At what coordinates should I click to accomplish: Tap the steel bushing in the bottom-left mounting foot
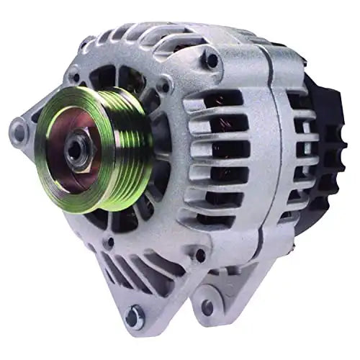[x=134, y=315]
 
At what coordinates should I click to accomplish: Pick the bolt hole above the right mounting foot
[x=199, y=254]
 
